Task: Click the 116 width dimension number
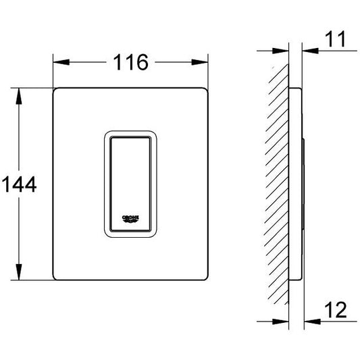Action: (x=131, y=62)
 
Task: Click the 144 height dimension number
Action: (x=19, y=184)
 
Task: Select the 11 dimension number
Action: (x=335, y=39)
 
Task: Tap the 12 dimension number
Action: (x=336, y=310)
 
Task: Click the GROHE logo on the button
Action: (x=130, y=219)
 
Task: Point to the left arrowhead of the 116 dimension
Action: (x=61, y=62)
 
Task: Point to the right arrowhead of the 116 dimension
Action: (x=200, y=62)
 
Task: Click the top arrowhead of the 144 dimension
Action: (x=19, y=96)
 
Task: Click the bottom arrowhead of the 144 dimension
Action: (x=19, y=272)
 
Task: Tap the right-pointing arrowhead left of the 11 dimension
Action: (x=280, y=51)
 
